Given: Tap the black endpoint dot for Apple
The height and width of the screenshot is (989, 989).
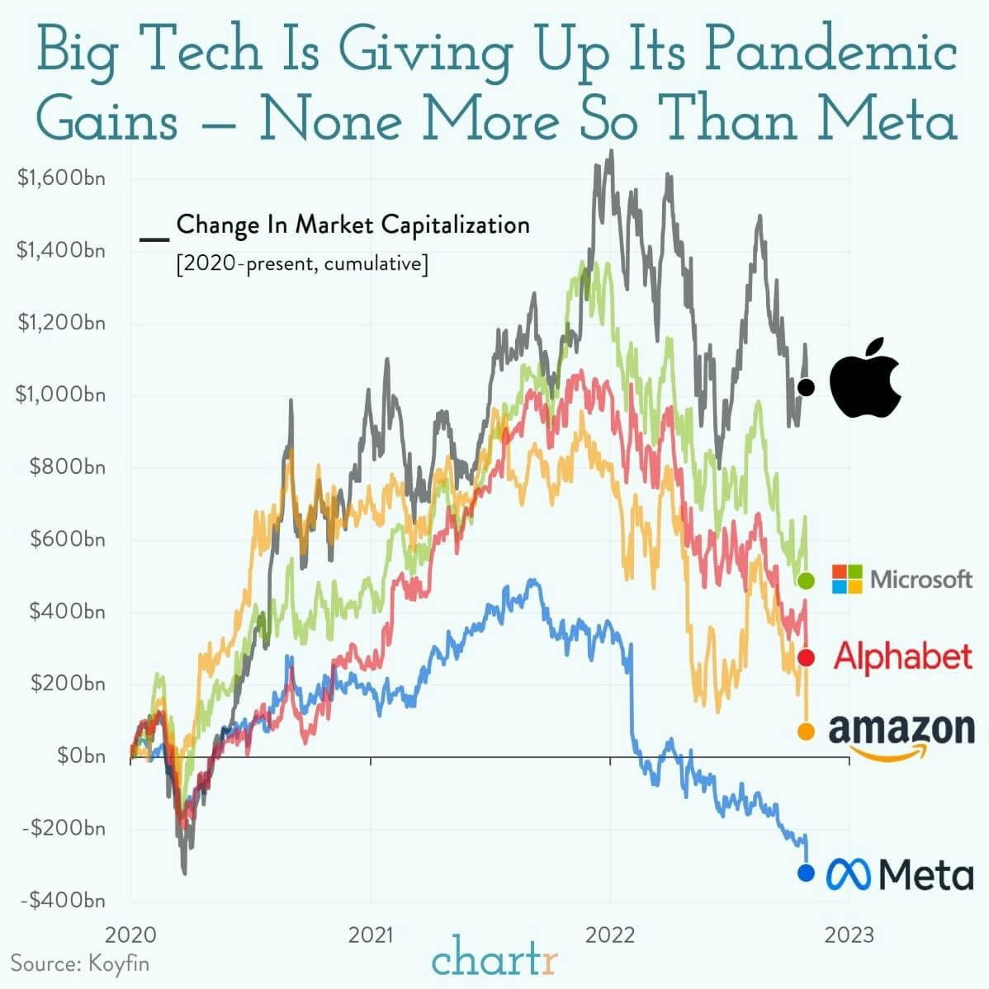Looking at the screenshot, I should pyautogui.click(x=807, y=386).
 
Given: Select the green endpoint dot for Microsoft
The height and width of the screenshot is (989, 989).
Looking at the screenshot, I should pyautogui.click(x=807, y=580).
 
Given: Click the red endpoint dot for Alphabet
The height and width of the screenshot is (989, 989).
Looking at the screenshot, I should pyautogui.click(x=807, y=657).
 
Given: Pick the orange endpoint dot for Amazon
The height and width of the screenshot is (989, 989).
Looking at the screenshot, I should pyautogui.click(x=807, y=731).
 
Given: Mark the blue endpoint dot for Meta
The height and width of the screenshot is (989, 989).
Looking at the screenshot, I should pyautogui.click(x=807, y=873).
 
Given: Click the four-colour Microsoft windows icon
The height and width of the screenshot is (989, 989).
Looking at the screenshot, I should pyautogui.click(x=847, y=580).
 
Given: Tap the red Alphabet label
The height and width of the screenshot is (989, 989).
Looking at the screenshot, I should pyautogui.click(x=903, y=656).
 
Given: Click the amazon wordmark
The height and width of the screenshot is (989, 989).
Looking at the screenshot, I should pyautogui.click(x=901, y=730).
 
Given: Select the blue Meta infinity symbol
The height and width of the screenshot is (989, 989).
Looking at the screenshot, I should pyautogui.click(x=849, y=874).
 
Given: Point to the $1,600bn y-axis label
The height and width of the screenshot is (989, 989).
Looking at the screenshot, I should pyautogui.click(x=61, y=178).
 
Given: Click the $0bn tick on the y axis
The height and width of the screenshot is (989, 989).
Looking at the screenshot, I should pyautogui.click(x=81, y=755).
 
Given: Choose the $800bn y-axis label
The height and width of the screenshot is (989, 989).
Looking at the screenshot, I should pyautogui.click(x=68, y=467).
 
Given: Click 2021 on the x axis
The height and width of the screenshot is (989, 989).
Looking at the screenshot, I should pyautogui.click(x=371, y=935).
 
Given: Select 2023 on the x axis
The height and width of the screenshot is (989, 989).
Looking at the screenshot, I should pyautogui.click(x=849, y=935).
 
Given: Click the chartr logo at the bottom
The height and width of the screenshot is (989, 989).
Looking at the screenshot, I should pyautogui.click(x=494, y=961).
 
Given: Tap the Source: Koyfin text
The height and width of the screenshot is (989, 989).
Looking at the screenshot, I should pyautogui.click(x=80, y=963).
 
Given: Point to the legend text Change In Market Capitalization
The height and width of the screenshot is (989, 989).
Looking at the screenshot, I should pyautogui.click(x=353, y=225).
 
